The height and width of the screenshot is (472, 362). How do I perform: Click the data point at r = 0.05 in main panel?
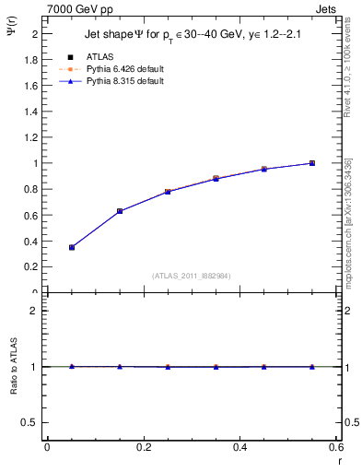click(x=71, y=247)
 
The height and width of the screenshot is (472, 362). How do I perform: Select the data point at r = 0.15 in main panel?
click(x=120, y=211)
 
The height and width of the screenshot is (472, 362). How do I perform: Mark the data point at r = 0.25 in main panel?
click(x=168, y=192)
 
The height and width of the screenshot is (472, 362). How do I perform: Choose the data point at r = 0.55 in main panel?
click(x=312, y=163)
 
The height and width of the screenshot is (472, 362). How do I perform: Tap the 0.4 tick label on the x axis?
click(x=239, y=447)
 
